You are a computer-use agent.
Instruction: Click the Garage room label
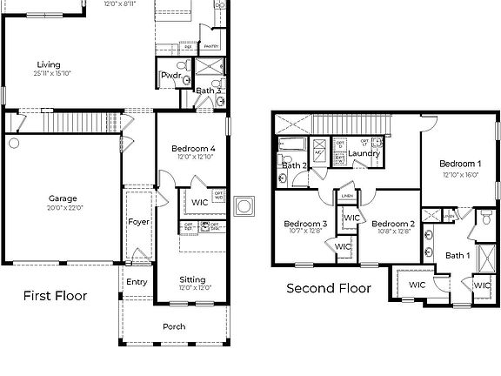click(x=63, y=198)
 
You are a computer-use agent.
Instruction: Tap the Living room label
click(x=49, y=64)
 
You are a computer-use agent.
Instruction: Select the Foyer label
click(x=139, y=222)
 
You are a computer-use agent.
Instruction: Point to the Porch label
click(x=174, y=326)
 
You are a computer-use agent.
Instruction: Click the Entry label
click(x=137, y=281)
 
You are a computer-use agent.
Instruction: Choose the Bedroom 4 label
click(x=194, y=149)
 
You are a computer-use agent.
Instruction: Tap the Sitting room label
click(x=192, y=279)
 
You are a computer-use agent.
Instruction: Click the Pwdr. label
click(x=170, y=76)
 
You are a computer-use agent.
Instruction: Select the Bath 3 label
click(x=208, y=91)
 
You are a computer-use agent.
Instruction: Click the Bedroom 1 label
click(x=460, y=164)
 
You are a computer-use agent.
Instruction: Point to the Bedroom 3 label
click(x=305, y=224)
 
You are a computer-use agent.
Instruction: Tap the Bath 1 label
click(x=457, y=255)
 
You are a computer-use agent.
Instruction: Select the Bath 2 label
click(x=295, y=164)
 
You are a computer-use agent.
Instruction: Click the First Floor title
click(x=55, y=296)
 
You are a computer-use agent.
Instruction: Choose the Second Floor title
click(x=329, y=288)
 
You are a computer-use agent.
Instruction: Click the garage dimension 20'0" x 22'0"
click(x=63, y=207)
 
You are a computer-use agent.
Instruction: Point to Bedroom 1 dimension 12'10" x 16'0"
click(x=460, y=173)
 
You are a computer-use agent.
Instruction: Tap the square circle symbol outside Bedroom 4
click(x=245, y=207)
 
